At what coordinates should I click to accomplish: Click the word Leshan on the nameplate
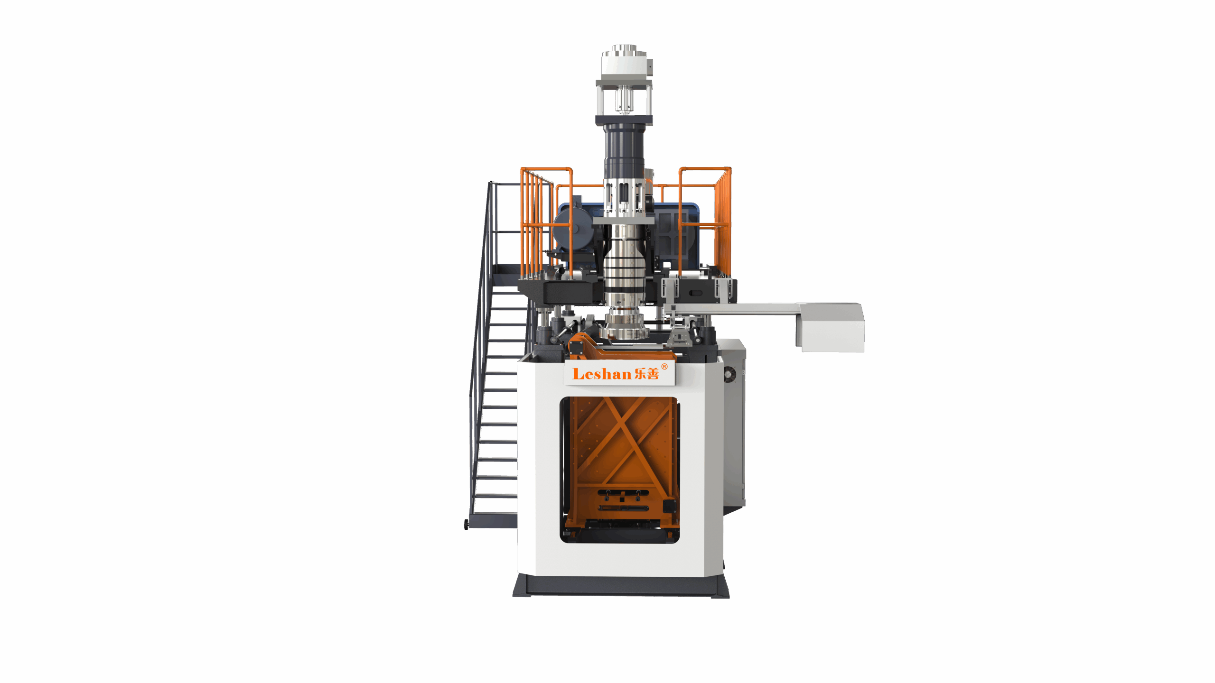(602, 374)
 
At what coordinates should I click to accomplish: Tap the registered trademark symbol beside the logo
(664, 366)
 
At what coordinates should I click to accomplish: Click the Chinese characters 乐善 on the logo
(647, 374)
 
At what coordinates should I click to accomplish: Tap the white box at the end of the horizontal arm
(831, 328)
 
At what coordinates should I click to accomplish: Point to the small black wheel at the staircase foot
(466, 524)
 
